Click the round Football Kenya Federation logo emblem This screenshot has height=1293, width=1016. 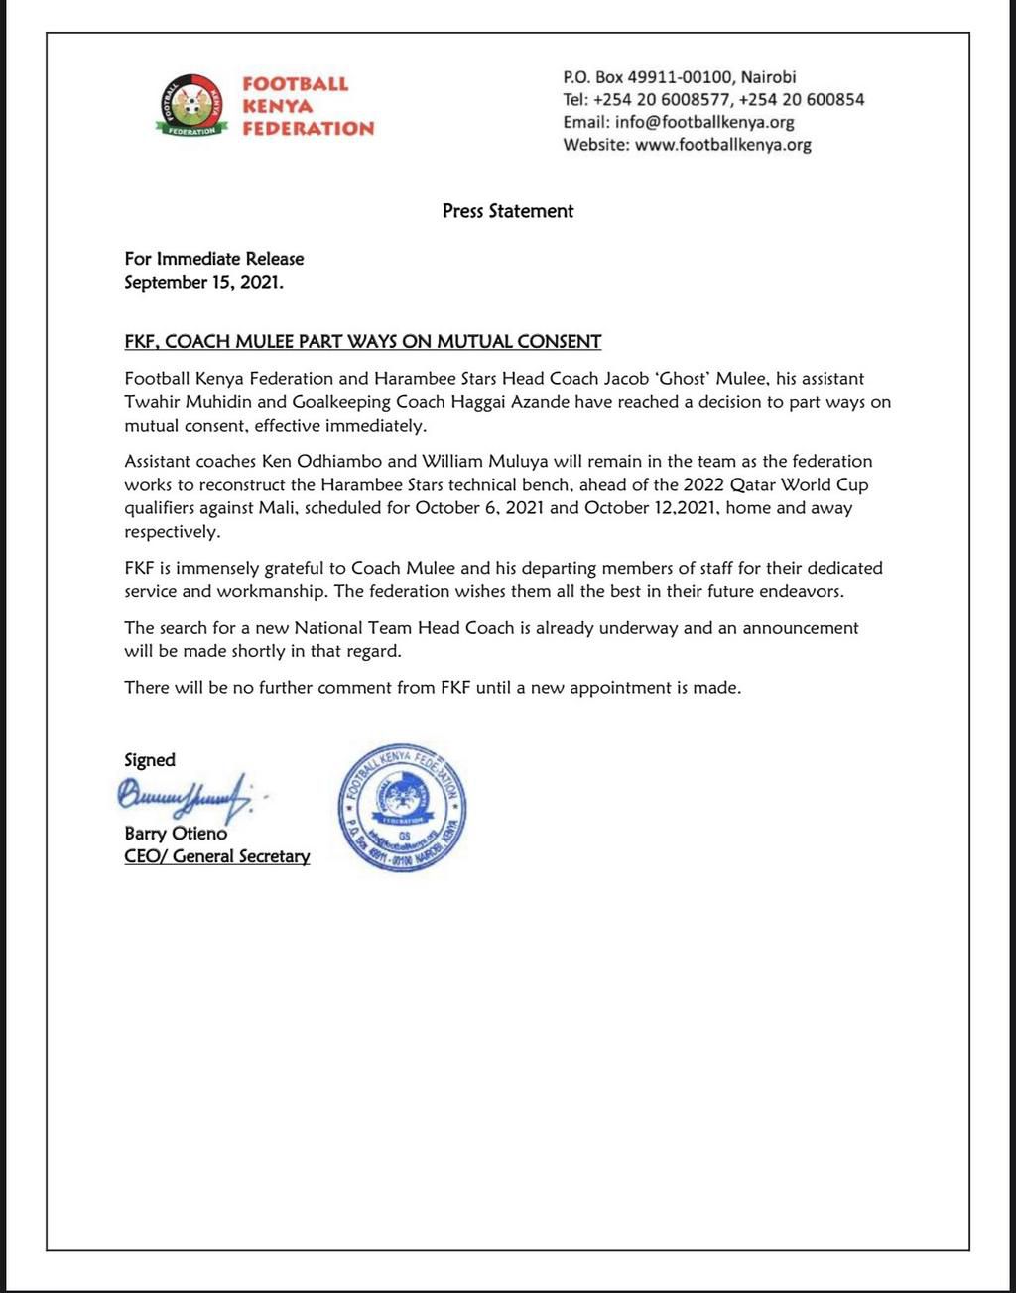(192, 104)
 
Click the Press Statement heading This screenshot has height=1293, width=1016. (508, 211)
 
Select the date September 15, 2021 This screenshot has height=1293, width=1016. (203, 282)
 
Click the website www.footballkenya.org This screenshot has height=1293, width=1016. (722, 145)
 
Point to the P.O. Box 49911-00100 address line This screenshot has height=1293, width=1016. (680, 76)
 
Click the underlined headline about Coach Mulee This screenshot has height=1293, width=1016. (363, 342)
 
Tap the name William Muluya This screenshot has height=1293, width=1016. (485, 461)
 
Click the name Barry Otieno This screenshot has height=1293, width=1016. (176, 834)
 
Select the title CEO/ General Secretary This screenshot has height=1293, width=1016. (217, 856)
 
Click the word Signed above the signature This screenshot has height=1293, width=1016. (150, 760)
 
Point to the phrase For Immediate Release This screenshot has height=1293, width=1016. (214, 259)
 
